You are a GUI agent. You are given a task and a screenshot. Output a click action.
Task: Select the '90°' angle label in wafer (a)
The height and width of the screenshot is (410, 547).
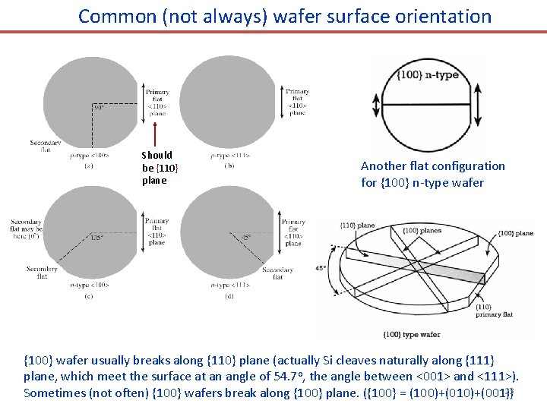coord(99,107)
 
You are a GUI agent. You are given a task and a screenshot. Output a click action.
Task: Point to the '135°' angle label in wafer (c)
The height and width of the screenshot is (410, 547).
coord(97,237)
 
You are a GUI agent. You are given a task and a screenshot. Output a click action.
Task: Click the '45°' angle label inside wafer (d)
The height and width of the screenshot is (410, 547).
coord(246,237)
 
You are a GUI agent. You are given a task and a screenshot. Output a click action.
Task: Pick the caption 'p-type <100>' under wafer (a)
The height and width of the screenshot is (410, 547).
coord(90,155)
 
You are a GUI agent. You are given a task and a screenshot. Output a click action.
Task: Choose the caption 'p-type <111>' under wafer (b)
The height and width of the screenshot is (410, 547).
coord(229,155)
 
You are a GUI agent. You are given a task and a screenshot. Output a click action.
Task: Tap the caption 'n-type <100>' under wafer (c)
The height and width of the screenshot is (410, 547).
coord(90,285)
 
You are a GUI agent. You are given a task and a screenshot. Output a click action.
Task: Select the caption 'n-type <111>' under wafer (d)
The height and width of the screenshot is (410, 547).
coord(229,285)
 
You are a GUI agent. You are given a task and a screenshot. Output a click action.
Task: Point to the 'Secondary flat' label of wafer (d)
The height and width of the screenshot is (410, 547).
coord(277,273)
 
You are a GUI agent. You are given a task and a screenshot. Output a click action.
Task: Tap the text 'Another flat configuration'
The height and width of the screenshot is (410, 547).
coord(432,166)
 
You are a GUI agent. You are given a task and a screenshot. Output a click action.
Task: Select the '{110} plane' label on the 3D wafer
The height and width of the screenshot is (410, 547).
coord(357,225)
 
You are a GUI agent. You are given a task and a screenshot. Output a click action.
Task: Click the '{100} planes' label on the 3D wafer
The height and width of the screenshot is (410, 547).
coord(422,230)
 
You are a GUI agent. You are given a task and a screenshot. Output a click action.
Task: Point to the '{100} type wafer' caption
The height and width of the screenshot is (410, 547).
coord(412,334)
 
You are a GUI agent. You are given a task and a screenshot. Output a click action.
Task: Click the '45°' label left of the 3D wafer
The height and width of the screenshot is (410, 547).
coord(322,267)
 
